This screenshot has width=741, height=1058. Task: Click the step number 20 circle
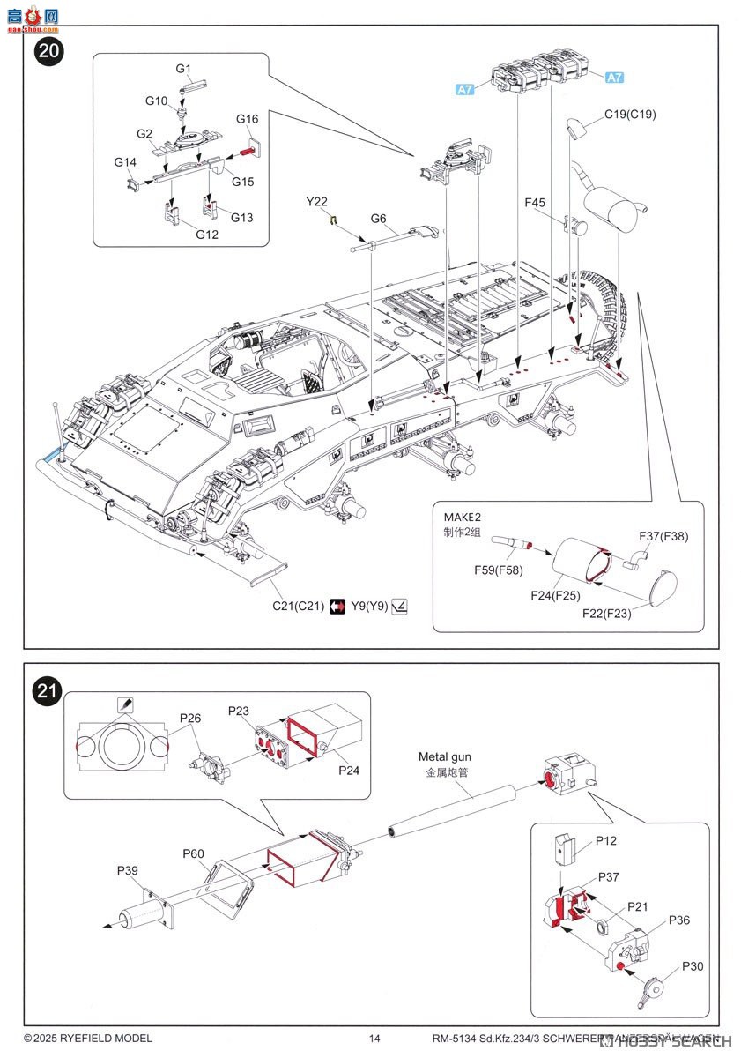click(49, 51)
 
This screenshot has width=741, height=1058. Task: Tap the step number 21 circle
click(49, 692)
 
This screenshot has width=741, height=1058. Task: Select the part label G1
click(183, 69)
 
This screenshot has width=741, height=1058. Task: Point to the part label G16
click(247, 119)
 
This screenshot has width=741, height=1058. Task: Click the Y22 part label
click(317, 202)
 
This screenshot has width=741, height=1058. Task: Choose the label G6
click(379, 219)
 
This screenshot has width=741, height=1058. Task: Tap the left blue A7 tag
click(465, 89)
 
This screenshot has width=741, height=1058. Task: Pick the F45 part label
click(535, 203)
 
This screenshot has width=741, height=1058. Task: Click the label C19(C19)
click(630, 115)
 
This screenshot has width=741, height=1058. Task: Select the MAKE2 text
click(463, 518)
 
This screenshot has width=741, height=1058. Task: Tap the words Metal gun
click(445, 756)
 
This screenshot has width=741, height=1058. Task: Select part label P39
click(128, 871)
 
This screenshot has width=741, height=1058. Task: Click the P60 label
click(194, 853)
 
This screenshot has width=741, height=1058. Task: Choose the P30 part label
click(693, 966)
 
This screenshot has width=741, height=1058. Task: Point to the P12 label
click(605, 840)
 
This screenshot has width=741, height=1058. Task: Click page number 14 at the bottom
click(374, 1039)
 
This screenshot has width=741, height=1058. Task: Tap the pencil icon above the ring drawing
click(124, 704)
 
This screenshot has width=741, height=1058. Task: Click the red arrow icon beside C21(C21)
click(337, 607)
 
